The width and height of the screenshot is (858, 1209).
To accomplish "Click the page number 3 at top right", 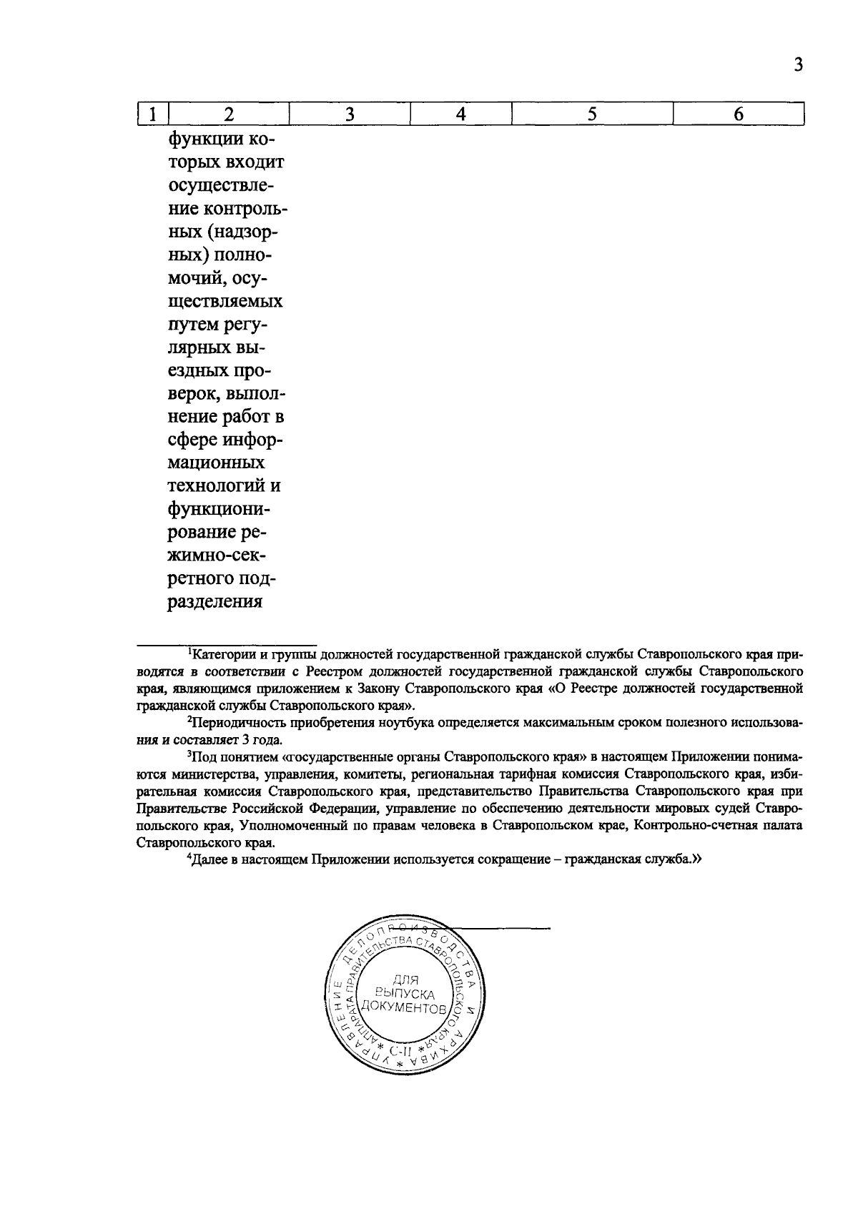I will coord(799,66).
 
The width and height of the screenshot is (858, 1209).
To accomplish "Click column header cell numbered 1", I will coord(152,114).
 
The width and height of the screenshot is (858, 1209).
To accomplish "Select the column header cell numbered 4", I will coord(461,114).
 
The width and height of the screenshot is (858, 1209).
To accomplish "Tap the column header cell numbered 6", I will coord(739,114).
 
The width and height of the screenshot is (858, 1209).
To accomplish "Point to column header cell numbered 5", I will coord(593,114).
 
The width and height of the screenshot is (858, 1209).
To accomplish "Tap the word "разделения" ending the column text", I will coord(215,601).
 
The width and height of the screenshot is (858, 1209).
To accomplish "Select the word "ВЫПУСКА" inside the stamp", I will coord(405,994).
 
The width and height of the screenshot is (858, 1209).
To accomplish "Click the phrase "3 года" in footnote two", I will coord(264,740).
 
